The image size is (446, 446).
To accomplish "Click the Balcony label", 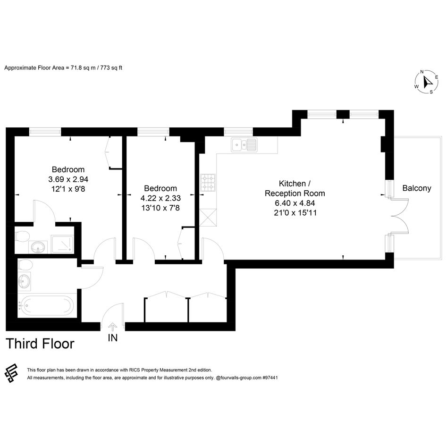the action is tap(417, 188).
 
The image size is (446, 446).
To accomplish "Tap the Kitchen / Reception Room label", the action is tap(295, 188).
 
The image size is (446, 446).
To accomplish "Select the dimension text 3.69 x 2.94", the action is tap(68, 179).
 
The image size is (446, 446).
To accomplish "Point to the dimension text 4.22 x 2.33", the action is tap(161, 198).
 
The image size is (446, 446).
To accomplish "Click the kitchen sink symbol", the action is tap(244, 145).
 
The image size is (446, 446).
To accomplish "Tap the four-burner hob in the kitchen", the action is tap(208, 182).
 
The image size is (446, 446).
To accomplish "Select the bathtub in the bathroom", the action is tap(48, 306).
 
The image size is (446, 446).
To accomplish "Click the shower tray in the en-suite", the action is tap(62, 244).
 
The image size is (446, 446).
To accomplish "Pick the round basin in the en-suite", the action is tap(38, 247).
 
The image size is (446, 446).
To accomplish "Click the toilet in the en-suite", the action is tap(22, 236).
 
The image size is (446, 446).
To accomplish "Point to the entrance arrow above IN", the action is tap(113, 327).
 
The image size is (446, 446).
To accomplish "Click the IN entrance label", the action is tap(113, 337).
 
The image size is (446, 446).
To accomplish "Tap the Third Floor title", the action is tap(40, 344).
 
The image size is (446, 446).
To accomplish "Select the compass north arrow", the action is tap(428, 82).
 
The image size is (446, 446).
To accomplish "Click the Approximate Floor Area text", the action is tap(63, 68).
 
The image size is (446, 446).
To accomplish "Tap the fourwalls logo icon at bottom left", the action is tap(12, 373).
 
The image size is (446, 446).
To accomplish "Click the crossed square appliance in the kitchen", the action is tap(208, 217).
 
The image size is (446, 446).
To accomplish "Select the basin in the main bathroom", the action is tap(24, 281).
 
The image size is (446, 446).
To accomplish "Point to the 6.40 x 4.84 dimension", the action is tap(295, 203).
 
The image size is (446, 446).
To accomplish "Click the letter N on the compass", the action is tap(422, 72).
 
